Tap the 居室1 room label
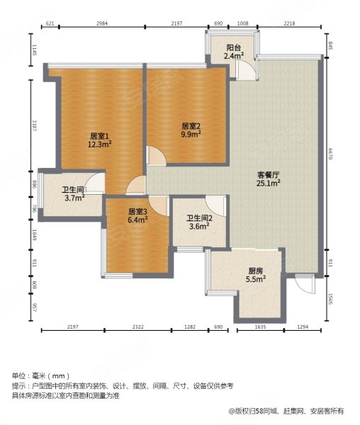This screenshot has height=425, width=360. (x=100, y=135)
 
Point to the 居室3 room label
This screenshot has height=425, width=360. (x=137, y=211)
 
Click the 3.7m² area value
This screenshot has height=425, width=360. (x=74, y=198)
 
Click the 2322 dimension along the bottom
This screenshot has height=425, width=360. (x=137, y=327)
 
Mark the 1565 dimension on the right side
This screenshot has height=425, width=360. (x=330, y=299)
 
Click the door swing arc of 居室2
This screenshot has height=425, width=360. (x=157, y=156)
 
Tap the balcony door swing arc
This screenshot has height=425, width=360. (x=244, y=69)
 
